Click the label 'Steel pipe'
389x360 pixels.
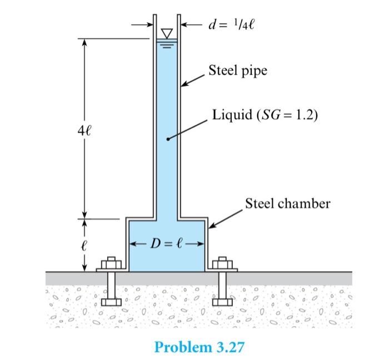tap(237, 71)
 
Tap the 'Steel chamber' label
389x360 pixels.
tap(287, 203)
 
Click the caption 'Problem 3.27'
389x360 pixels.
tap(199, 347)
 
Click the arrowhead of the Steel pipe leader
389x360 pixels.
tap(183, 85)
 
